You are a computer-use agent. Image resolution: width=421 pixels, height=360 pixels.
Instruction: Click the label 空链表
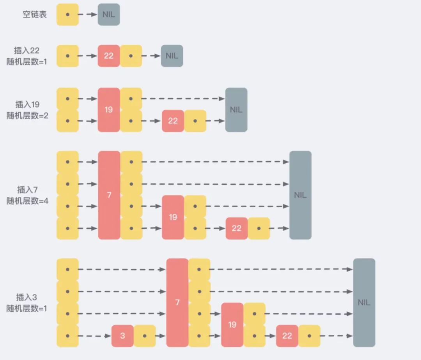pos(35,15)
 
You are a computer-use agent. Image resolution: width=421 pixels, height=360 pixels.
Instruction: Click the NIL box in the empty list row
pos(109,15)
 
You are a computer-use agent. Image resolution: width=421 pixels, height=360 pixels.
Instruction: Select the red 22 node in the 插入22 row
pos(109,56)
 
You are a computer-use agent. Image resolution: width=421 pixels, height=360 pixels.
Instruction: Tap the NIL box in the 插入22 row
pos(172,56)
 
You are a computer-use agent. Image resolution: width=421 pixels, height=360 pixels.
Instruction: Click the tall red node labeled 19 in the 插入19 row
pos(109,110)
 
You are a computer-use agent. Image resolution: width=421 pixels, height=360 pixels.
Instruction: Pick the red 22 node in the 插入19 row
pos(173,121)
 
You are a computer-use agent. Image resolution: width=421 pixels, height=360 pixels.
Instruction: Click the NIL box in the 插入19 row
pos(236,110)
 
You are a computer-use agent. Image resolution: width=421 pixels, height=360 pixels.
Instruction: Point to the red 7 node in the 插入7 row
pos(109,195)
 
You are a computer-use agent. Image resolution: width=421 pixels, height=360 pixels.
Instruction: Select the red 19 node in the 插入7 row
pos(173,217)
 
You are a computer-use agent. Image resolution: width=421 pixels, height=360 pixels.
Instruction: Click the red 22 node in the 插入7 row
pos(237,228)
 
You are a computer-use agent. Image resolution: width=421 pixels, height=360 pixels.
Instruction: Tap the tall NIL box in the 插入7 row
pos(300,195)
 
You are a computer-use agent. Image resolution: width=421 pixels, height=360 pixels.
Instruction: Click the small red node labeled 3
pos(122,335)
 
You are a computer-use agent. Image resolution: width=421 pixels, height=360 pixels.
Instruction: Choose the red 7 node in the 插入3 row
pos(177,302)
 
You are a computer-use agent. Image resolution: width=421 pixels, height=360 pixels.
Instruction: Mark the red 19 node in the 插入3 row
pos(232,325)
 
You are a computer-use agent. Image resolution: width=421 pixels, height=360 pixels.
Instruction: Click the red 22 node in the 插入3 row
pos(287,335)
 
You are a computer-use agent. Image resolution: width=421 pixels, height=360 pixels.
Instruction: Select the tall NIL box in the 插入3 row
pos(364,302)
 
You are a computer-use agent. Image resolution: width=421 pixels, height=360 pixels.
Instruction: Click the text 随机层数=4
pos(27,201)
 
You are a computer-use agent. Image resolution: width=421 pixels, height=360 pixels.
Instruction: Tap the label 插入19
pos(27,104)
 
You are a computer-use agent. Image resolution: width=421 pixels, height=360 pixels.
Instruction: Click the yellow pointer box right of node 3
pos(145,335)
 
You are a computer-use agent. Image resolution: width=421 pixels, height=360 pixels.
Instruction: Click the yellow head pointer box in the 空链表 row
pos(67,15)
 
